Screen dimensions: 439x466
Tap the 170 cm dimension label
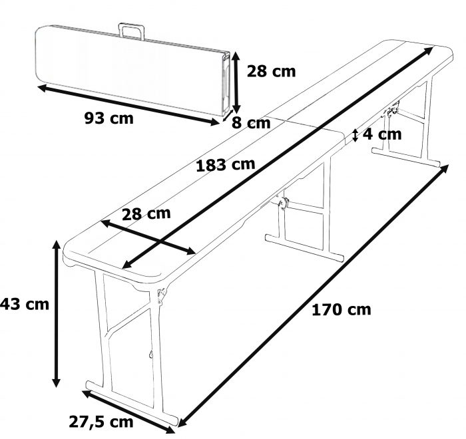click(342, 309)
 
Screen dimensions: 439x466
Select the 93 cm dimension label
click(109, 119)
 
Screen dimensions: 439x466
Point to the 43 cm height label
click(25, 304)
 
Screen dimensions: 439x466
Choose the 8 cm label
click(251, 123)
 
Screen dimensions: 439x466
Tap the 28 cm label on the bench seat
click(146, 214)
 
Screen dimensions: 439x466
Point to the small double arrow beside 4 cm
click(355, 135)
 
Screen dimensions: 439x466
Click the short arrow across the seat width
click(147, 236)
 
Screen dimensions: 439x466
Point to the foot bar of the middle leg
click(304, 246)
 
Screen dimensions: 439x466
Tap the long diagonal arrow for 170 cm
click(313, 295)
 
